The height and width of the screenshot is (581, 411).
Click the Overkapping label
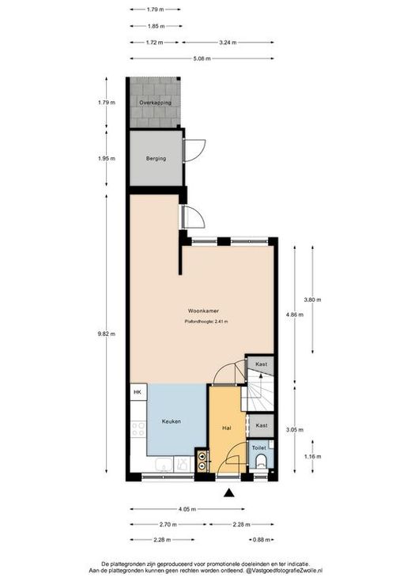pyautogui.click(x=155, y=103)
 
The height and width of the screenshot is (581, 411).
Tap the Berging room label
pyautogui.click(x=156, y=159)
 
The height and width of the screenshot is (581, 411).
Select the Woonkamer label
pyautogui.click(x=203, y=311)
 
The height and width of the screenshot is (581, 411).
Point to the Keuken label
pyautogui.click(x=172, y=421)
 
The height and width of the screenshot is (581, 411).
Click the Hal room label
pyautogui.click(x=226, y=428)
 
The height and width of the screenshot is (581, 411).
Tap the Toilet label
pyautogui.click(x=258, y=448)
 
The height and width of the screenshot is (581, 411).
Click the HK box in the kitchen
pyautogui.click(x=138, y=392)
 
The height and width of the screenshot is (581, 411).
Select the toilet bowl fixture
pyautogui.click(x=262, y=462)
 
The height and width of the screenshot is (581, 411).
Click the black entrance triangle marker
pyautogui.click(x=229, y=492)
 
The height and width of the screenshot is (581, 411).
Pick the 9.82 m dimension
pyautogui.click(x=107, y=334)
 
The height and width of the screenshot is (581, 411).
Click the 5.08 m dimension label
pyautogui.click(x=202, y=58)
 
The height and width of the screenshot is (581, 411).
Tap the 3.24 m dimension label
pyautogui.click(x=228, y=43)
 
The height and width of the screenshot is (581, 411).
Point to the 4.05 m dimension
pyautogui.click(x=187, y=509)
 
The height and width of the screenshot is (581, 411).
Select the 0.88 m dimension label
pyautogui.click(x=262, y=540)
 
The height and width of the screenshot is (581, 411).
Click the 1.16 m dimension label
pyautogui.click(x=312, y=457)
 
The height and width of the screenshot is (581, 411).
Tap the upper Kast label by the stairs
pyautogui.click(x=262, y=364)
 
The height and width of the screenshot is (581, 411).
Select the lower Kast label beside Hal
pyautogui.click(x=262, y=425)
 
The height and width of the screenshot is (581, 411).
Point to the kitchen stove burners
pyautogui.click(x=138, y=429)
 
